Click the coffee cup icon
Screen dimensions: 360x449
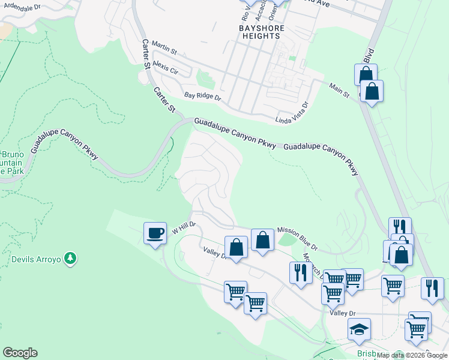click(155, 233)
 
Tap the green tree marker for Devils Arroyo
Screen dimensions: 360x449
click(71, 259)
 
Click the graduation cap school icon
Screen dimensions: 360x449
click(359, 329)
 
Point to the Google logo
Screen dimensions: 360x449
click(20, 353)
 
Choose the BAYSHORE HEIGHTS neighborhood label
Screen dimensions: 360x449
click(259, 32)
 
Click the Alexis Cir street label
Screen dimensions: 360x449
click(166, 67)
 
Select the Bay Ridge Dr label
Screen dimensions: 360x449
click(203, 96)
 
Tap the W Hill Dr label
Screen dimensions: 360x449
click(184, 229)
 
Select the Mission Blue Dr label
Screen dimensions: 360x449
click(297, 238)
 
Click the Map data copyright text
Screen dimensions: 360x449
click(412, 355)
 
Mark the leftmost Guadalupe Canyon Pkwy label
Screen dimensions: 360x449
click(64, 143)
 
